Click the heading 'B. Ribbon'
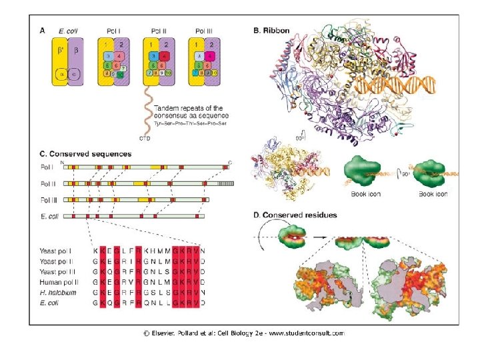tap(272, 30)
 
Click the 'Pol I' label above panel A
tap(114, 31)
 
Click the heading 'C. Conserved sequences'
tap(86, 154)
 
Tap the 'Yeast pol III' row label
tap(60, 271)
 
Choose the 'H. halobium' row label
tap(58, 291)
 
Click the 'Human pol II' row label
tap(60, 281)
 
